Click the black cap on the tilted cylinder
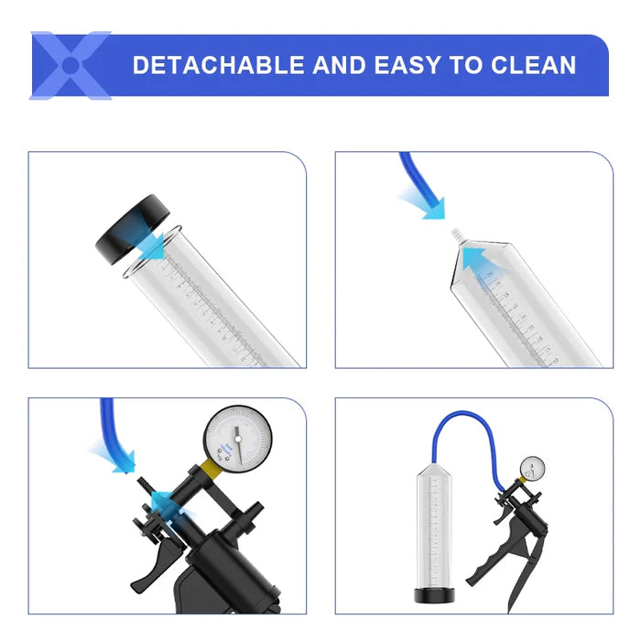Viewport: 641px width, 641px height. [x=128, y=229]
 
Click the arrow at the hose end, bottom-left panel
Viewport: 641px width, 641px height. [x=118, y=457]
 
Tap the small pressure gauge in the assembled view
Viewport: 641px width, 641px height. [x=533, y=468]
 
